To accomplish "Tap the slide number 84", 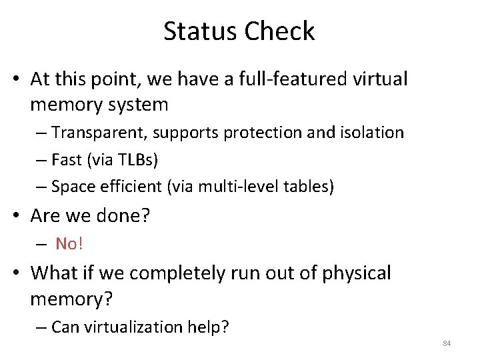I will (x=447, y=343).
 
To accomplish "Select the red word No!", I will (x=69, y=244).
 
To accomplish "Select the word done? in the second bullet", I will (x=128, y=216).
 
